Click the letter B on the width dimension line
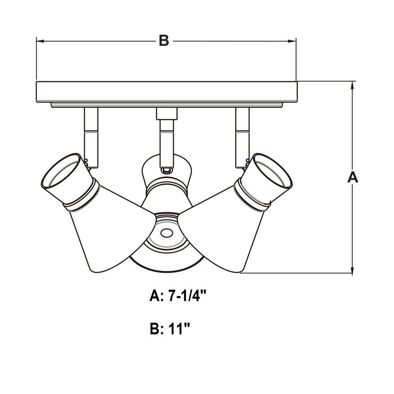click(x=164, y=40)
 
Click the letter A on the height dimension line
click(x=353, y=177)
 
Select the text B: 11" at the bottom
click(x=169, y=329)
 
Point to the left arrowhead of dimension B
click(x=40, y=41)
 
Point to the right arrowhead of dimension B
click(x=292, y=41)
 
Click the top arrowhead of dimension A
click(x=353, y=85)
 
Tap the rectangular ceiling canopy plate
click(x=167, y=92)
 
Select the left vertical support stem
click(x=91, y=138)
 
